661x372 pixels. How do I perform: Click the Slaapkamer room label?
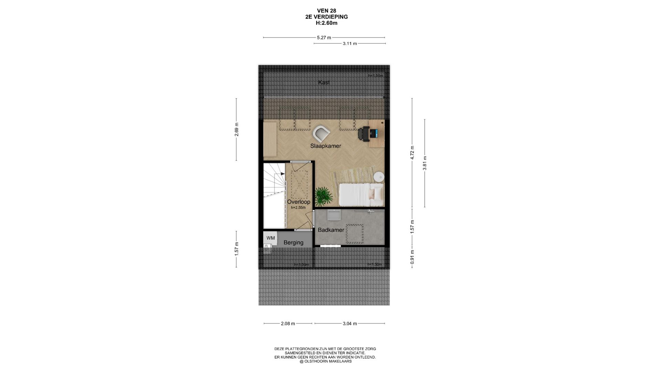tap(325, 146)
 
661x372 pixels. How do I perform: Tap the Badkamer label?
tap(331, 230)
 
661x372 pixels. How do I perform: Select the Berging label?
tap(293, 243)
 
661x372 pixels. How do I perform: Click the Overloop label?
tap(298, 202)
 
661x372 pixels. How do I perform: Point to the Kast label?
tap(324, 82)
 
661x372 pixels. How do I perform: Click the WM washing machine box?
tap(271, 238)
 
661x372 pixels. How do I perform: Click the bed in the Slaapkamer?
tap(361, 195)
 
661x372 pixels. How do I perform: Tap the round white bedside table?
tap(379, 177)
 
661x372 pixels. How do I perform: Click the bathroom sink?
tap(334, 215)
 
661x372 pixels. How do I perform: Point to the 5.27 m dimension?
tap(324, 38)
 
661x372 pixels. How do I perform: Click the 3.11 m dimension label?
tap(350, 44)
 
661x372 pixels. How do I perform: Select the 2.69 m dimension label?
tap(237, 130)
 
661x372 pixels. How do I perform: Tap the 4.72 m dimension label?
tap(412, 153)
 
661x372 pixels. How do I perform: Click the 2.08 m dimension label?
tap(288, 324)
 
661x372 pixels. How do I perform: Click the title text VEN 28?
tap(326, 11)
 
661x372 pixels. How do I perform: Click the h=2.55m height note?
tap(298, 208)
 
